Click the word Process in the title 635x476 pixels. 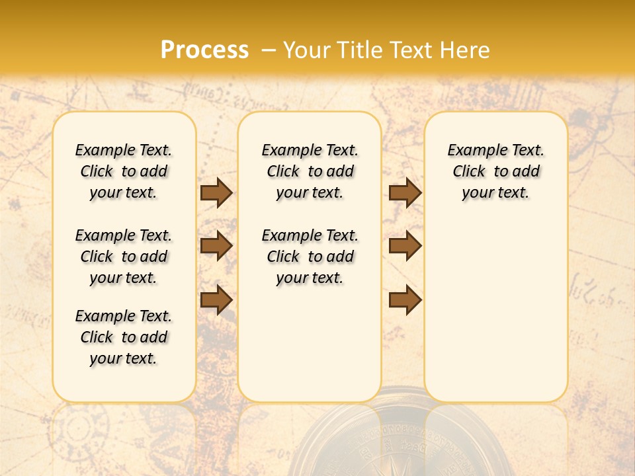pyautogui.click(x=204, y=50)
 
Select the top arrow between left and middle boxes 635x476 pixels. pyautogui.click(x=216, y=193)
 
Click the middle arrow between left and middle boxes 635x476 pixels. pyautogui.click(x=216, y=247)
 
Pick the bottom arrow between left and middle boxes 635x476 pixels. pyautogui.click(x=216, y=299)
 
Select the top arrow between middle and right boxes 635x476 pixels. pyautogui.click(x=405, y=193)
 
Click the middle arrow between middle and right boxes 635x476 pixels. pyautogui.click(x=405, y=247)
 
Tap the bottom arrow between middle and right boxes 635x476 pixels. pyautogui.click(x=405, y=299)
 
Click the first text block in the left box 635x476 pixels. pyautogui.click(x=124, y=171)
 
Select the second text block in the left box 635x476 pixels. pyautogui.click(x=124, y=257)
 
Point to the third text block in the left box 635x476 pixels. pyautogui.click(x=124, y=337)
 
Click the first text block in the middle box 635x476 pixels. pyautogui.click(x=310, y=171)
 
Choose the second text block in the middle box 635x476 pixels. pyautogui.click(x=310, y=257)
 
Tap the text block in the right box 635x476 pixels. pyautogui.click(x=496, y=171)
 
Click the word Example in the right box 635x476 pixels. pyautogui.click(x=472, y=151)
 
